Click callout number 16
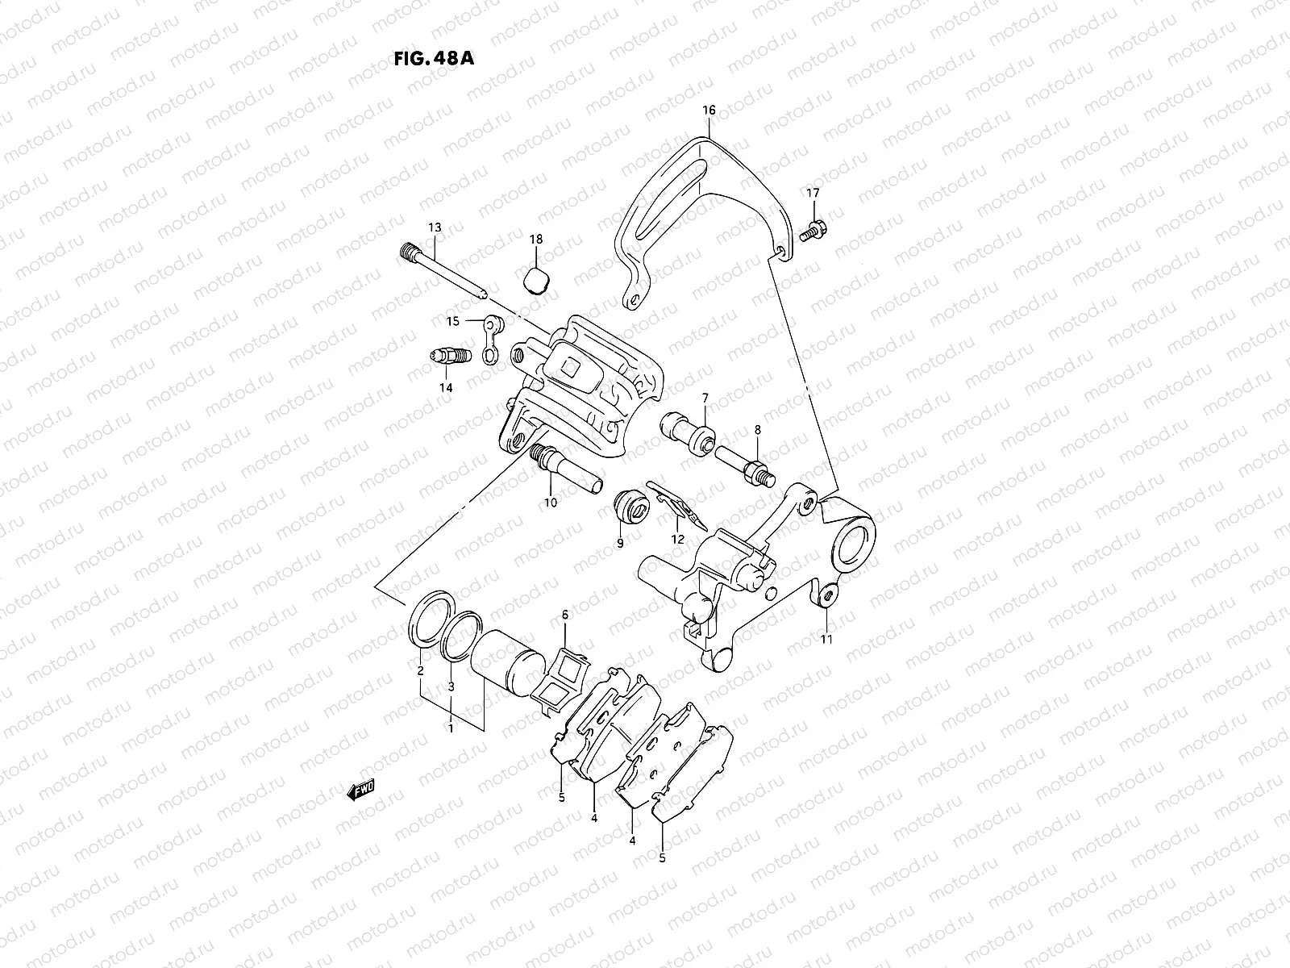(708, 110)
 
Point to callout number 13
(435, 228)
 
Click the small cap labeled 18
(535, 282)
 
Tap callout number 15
(453, 321)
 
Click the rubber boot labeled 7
(689, 435)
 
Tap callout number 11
(826, 640)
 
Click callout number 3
(451, 686)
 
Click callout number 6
(565, 615)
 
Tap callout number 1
(451, 728)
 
